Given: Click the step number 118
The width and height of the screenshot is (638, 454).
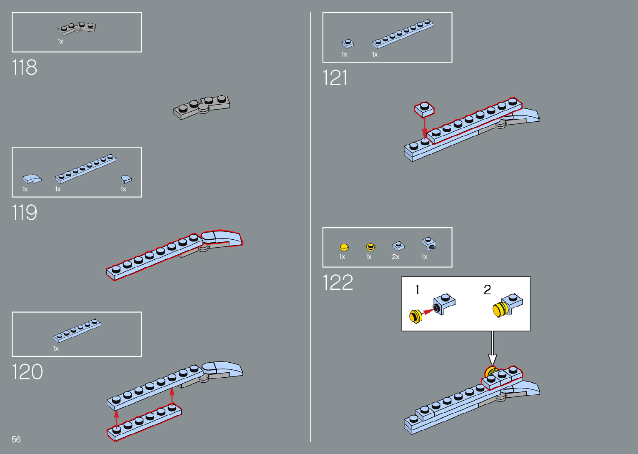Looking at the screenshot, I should pos(25,68).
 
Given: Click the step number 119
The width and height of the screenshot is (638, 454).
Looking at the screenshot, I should pos(25,213).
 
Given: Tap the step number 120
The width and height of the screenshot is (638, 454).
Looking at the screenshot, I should pos(27,372).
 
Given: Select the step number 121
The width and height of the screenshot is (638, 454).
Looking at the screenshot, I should pos(335,78).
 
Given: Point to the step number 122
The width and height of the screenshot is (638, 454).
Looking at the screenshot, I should pos(338,283).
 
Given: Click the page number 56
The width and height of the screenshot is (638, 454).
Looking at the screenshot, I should pos(16,439).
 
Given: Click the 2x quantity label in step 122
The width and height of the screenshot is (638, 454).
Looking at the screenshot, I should pos(395,257).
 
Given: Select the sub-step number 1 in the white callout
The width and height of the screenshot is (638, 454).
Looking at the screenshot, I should pos(417,290).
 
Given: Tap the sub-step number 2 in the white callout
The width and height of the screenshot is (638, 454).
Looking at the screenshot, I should pos(487,290).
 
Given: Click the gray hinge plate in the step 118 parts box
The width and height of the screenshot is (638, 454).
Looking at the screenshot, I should pos(77,29).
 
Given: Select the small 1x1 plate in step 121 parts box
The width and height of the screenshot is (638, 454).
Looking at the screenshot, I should pos(348,43).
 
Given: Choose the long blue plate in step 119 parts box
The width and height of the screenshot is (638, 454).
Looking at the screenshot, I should pos(85,168).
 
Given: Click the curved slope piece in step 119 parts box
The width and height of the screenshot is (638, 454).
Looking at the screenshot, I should pos(32,179).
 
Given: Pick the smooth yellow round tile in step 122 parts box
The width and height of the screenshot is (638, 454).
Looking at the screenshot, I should pos(344,247).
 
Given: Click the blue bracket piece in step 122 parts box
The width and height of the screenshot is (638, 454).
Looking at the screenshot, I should pos(429,244).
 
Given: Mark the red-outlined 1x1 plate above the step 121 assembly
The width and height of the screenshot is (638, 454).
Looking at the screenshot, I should pos(424,109).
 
